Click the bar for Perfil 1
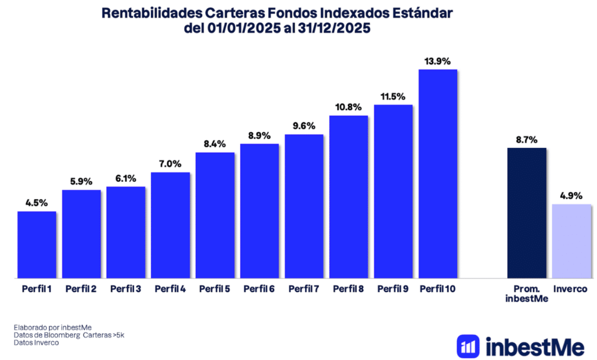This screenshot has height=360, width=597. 37,245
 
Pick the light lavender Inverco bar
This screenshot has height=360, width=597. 571,241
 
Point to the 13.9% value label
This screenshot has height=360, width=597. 438,61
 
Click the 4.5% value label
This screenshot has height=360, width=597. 37,203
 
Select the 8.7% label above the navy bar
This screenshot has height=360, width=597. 526,140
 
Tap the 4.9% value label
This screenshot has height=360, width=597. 571,196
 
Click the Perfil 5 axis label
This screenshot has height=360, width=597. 215,288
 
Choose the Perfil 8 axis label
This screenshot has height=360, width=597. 349,288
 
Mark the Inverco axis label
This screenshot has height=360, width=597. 571,288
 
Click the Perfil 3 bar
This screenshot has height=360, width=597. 126,232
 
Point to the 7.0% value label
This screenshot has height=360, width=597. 170,164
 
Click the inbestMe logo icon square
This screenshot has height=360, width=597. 468,346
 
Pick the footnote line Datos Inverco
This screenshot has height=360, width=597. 36,343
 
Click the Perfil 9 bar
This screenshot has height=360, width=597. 394,192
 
